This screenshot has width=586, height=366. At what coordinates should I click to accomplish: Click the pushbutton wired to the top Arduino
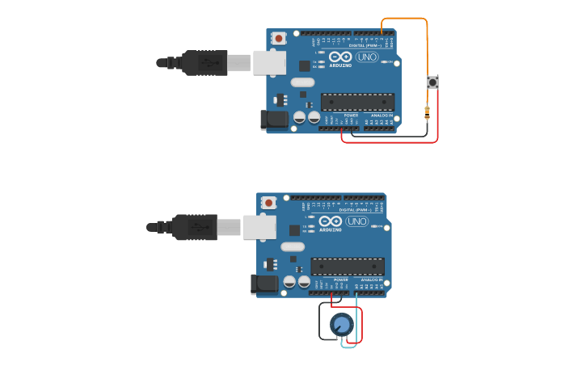pos(432,82)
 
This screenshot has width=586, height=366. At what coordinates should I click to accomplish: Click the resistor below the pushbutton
pos(427,112)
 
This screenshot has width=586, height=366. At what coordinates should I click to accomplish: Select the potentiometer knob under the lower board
pos(342,325)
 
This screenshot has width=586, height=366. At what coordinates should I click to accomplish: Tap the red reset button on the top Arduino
pos(279,38)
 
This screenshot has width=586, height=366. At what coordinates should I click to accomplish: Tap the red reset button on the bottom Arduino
pos(269,202)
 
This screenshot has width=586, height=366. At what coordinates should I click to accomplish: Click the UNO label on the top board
pos(368,57)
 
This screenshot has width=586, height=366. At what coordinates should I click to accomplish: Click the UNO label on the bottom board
pos(357,221)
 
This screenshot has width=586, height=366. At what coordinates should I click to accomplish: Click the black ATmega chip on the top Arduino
pos(357,102)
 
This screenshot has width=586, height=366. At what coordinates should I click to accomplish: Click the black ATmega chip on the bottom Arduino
pos(348,266)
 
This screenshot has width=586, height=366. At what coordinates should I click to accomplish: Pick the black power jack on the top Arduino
pos(275,120)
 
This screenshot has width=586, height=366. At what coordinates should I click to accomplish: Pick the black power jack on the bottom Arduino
pos(265,284)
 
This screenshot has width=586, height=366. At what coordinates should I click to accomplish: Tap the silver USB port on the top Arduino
pos(269,63)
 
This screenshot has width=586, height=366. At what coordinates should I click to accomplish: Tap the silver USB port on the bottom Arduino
pos(259,227)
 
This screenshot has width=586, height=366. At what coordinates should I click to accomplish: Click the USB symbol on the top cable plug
pos(208,62)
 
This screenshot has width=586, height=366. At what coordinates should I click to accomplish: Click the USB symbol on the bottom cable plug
pos(198,227)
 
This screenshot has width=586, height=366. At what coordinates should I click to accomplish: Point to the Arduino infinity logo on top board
pos(340,57)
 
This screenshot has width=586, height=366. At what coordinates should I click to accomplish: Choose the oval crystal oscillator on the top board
pos(302,82)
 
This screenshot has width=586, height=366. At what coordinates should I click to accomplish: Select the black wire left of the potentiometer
pos(320,322)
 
